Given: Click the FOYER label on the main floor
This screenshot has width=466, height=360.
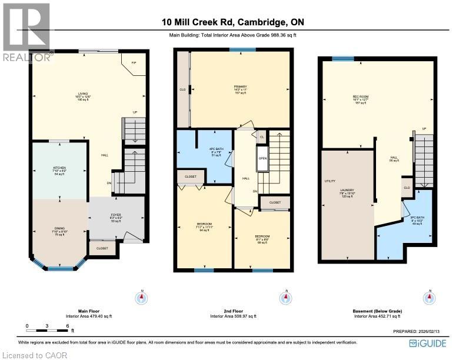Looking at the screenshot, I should coord(115,215).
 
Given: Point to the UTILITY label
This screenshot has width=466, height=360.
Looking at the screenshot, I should coord(329,182).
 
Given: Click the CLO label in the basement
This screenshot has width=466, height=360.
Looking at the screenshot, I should coord(406,187).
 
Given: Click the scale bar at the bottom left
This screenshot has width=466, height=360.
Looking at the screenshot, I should coord(47,325).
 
